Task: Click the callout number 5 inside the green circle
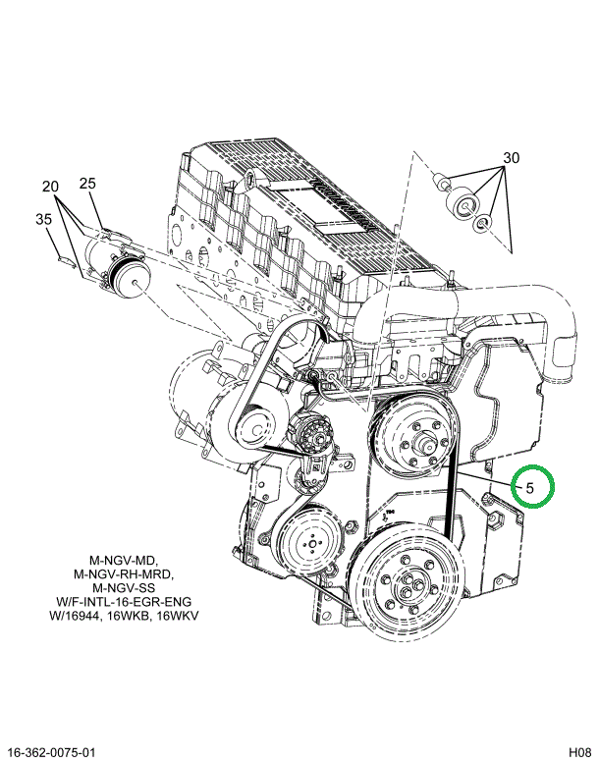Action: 530,488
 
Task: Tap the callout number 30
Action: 511,158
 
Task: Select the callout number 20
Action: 50,187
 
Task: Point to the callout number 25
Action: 87,184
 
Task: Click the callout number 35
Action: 43,219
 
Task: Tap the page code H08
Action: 580,751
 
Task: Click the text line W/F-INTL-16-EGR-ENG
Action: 124,601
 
